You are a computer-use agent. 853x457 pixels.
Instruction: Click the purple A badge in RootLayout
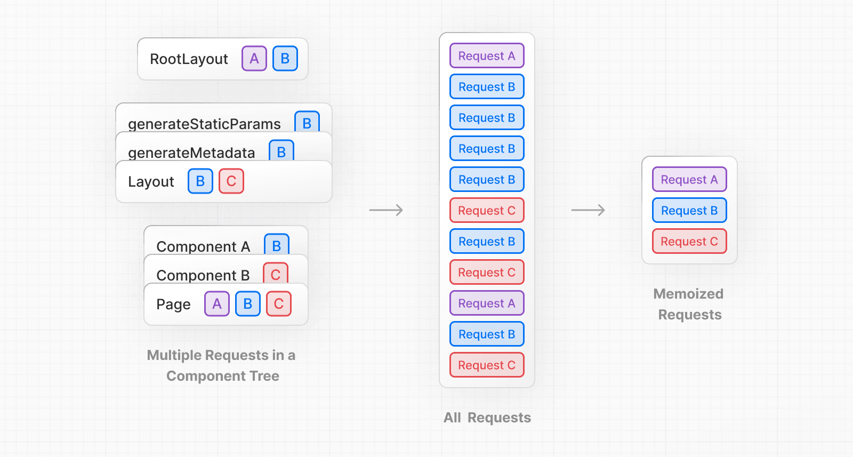254,59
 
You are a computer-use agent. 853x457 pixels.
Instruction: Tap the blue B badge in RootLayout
285,59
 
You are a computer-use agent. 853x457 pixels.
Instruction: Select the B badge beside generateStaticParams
307,122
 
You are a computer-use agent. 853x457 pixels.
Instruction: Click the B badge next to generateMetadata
281,151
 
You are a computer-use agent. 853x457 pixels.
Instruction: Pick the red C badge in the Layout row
231,181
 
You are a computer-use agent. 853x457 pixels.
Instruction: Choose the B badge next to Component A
277,245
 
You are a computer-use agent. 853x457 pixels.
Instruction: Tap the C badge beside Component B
276,274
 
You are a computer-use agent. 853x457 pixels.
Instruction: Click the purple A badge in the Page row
217,304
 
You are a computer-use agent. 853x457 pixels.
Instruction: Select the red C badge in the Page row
279,304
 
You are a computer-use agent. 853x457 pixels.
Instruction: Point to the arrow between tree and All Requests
386,210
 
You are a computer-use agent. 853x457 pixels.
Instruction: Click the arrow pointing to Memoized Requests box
588,210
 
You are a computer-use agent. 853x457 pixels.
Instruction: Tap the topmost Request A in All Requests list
487,56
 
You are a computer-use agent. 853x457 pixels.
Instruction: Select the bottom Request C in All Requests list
487,365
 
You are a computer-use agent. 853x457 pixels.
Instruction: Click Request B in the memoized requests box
689,211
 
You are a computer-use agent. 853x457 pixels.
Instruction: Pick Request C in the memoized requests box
689,242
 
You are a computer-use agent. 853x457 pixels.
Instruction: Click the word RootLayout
189,59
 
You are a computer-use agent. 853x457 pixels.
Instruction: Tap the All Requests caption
487,418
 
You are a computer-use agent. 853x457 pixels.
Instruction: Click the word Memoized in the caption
688,294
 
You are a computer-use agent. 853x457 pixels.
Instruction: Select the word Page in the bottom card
173,304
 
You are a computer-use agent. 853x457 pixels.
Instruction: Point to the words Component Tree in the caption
223,376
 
